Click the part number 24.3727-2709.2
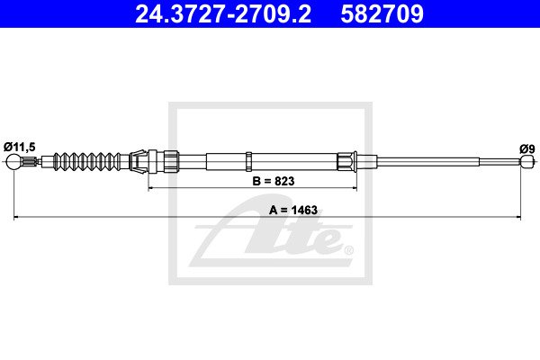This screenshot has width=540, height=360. point(223,13)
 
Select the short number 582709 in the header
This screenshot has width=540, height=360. point(382,13)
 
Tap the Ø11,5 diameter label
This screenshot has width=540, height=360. point(20,147)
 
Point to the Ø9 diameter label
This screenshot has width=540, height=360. point(527,148)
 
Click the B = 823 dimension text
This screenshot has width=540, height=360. point(274,181)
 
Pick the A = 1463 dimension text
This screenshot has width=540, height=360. point(293,210)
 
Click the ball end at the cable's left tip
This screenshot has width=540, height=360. point(13,161)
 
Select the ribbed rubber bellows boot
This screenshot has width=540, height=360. point(87,161)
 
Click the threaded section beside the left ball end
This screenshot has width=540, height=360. point(29,161)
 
